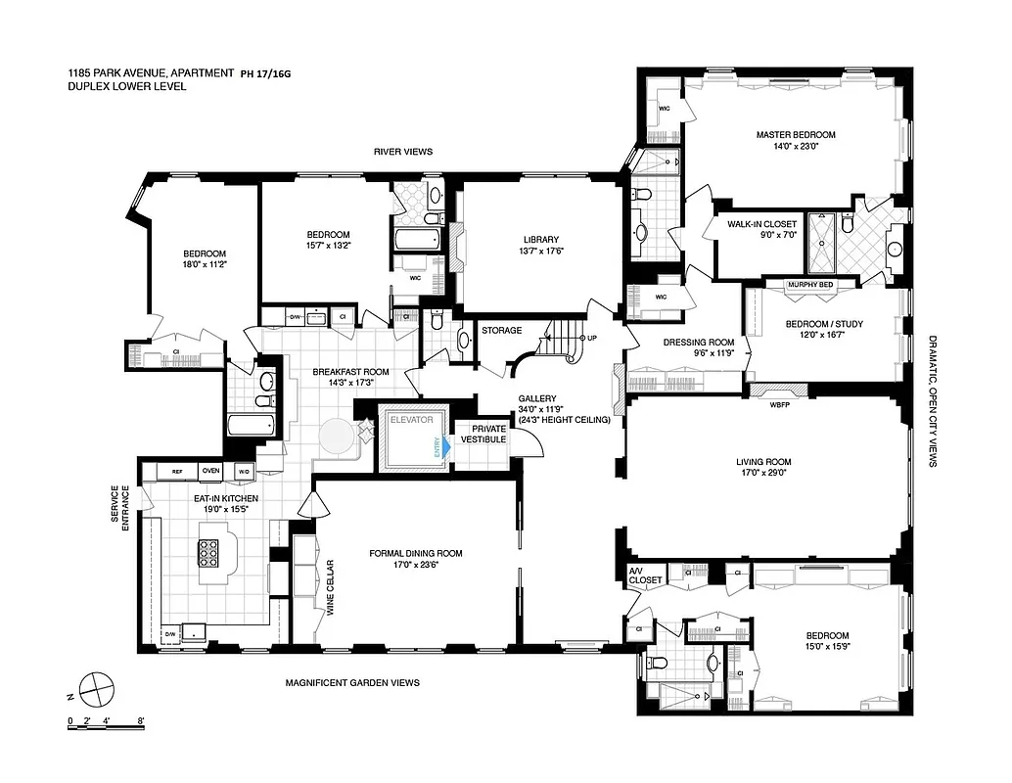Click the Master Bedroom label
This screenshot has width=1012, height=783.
pyautogui.click(x=795, y=135)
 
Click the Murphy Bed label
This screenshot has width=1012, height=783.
pyautogui.click(x=811, y=285)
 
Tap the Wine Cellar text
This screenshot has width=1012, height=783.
pyautogui.click(x=331, y=587)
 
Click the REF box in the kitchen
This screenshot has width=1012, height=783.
pyautogui.click(x=177, y=472)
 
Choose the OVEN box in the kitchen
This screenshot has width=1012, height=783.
pyautogui.click(x=211, y=472)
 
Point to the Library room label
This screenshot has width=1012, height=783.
pyautogui.click(x=539, y=240)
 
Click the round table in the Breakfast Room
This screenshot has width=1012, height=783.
pyautogui.click(x=338, y=437)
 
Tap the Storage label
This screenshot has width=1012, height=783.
pyautogui.click(x=501, y=331)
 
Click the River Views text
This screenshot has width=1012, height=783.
pyautogui.click(x=402, y=152)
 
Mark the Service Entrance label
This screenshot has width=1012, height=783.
pyautogui.click(x=120, y=509)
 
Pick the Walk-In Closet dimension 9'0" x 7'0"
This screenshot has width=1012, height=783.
pyautogui.click(x=761, y=236)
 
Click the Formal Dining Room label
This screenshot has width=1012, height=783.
pyautogui.click(x=416, y=553)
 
